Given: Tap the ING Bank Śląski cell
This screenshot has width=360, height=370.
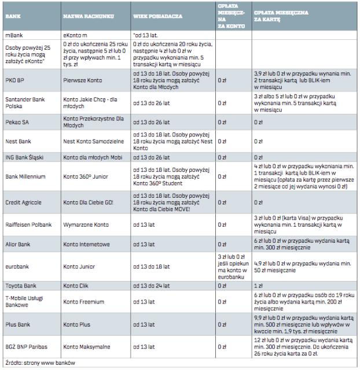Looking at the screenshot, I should click(24, 157).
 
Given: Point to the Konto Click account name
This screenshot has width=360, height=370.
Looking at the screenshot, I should click(77, 286).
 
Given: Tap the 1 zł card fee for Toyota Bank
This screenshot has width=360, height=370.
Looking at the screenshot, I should click(258, 286).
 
